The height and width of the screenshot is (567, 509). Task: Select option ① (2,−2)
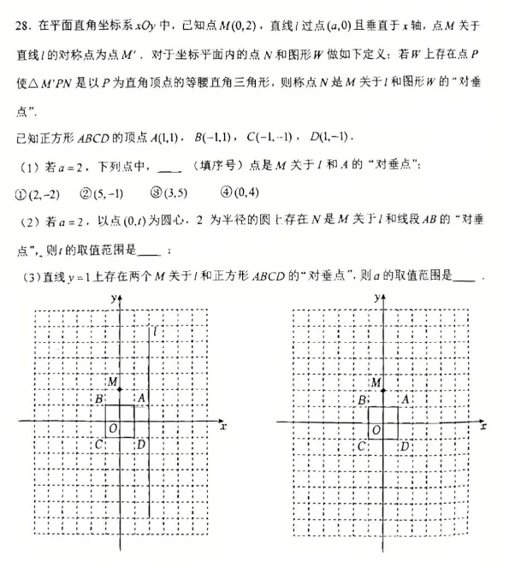37,193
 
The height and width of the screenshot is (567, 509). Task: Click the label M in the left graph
111,381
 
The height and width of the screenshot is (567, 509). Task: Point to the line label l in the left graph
156,330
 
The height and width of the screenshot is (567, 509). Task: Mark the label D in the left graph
142,444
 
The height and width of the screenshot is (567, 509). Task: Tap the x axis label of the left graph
222,425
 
